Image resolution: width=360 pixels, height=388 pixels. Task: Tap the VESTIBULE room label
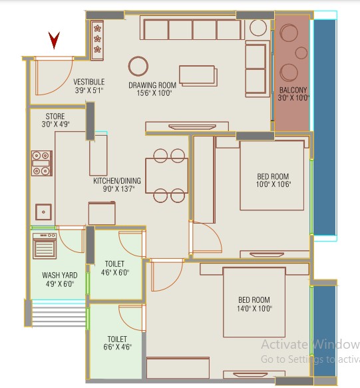[89, 82]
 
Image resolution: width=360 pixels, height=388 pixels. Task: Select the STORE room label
[55, 116]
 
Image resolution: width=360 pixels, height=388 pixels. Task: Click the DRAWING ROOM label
[152, 85]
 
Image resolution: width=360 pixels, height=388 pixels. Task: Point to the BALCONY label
[293, 90]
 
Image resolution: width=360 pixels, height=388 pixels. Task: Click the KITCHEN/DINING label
[117, 180]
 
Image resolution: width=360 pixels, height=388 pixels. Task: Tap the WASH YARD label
[60, 275]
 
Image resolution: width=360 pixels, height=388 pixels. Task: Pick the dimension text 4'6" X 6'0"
[115, 272]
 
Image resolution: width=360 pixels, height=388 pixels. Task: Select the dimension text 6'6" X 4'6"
[117, 347]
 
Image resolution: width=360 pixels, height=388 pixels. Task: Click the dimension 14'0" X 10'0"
[254, 309]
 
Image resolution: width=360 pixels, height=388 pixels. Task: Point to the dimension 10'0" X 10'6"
[273, 184]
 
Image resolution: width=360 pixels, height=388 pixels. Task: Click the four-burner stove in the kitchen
[42, 163]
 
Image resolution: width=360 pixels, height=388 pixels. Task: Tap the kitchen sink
[43, 212]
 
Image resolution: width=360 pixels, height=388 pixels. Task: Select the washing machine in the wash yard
[45, 246]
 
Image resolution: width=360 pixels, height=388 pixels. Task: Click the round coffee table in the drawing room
[138, 66]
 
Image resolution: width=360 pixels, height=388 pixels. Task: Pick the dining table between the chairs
[167, 176]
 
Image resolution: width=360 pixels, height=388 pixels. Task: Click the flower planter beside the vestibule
[97, 41]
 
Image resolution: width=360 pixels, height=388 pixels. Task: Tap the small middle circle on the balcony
[301, 53]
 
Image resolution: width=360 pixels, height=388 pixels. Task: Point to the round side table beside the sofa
[258, 27]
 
